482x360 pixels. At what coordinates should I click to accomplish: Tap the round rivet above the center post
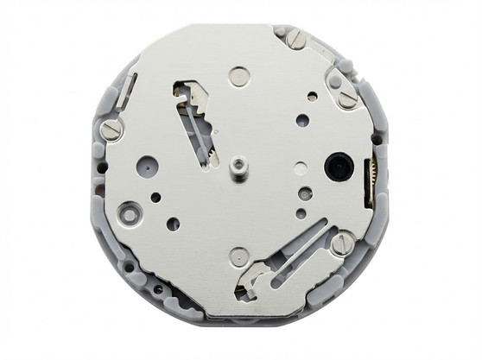pyautogui.click(x=238, y=77)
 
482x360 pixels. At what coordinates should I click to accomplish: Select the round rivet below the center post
pyautogui.click(x=239, y=256)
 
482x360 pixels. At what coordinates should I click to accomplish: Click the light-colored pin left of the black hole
pyautogui.click(x=300, y=169)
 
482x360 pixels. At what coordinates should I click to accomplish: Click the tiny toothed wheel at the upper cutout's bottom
pyautogui.click(x=209, y=156)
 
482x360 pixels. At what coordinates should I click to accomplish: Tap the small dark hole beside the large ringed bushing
pyautogui.click(x=155, y=197)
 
